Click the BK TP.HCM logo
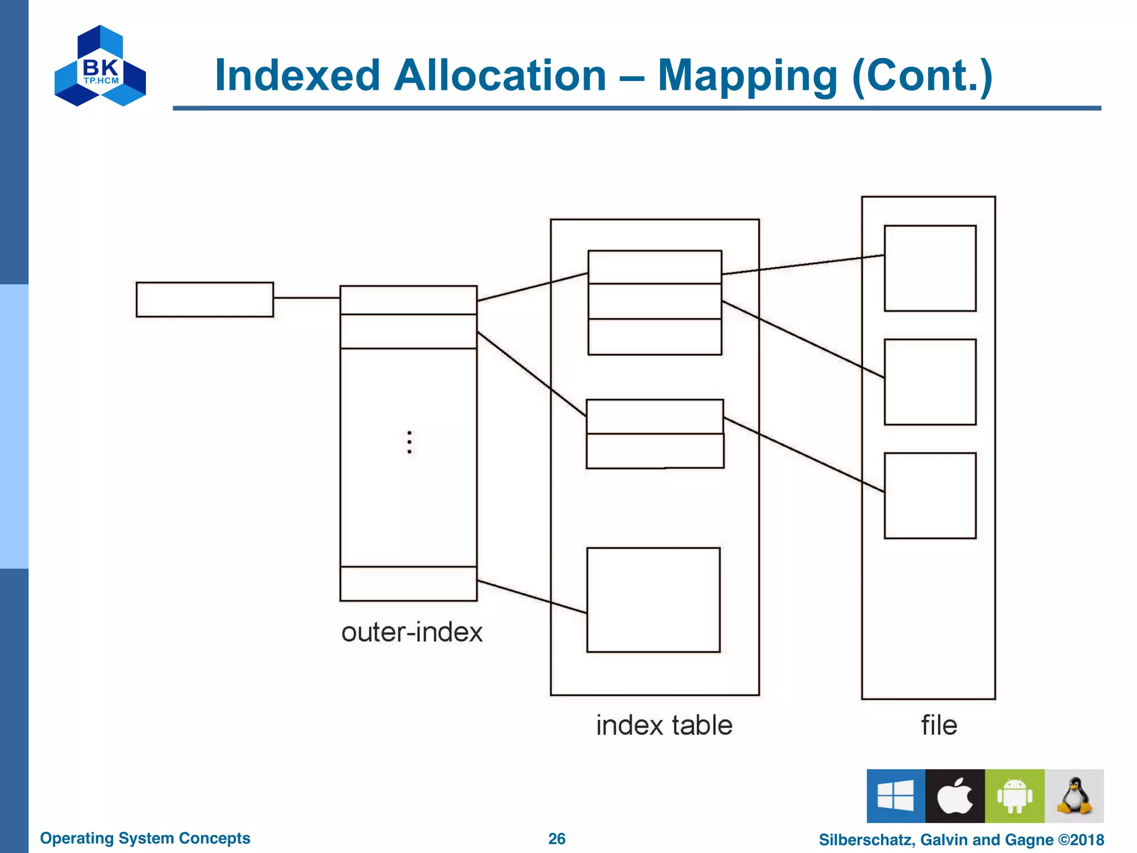(x=100, y=66)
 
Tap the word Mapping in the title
(x=747, y=76)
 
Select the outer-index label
(x=412, y=633)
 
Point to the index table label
(x=664, y=725)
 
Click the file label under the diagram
(x=939, y=725)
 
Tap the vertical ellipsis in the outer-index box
(x=409, y=442)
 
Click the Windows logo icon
(x=895, y=796)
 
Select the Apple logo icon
(x=955, y=796)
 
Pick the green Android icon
(x=1014, y=796)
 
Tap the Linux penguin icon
(x=1074, y=796)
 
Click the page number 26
(x=557, y=839)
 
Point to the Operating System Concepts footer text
(x=145, y=838)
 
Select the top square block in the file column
(x=930, y=268)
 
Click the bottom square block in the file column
(x=930, y=495)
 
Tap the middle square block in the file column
(x=930, y=382)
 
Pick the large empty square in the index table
(x=653, y=600)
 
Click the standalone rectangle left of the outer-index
(x=205, y=299)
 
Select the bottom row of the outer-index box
(x=409, y=584)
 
